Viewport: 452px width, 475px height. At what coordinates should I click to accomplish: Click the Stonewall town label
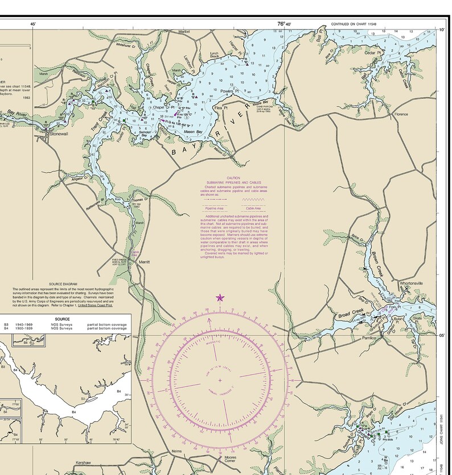click(58, 134)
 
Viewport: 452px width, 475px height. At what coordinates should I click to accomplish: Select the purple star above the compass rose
click(220, 297)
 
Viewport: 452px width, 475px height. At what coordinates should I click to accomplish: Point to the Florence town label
click(401, 114)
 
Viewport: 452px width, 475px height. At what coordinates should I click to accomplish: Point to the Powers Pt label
click(230, 90)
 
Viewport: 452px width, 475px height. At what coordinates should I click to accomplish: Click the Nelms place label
click(177, 452)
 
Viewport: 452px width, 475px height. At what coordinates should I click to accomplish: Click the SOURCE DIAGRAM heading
click(63, 284)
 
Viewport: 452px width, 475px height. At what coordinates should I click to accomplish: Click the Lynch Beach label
click(214, 55)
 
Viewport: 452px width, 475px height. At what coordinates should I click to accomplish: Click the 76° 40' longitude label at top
click(284, 24)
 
